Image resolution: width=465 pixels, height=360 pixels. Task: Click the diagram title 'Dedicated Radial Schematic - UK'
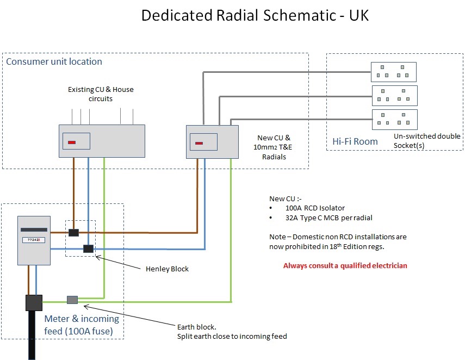click(x=255, y=16)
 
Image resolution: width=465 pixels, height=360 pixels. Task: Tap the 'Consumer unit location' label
click(x=54, y=61)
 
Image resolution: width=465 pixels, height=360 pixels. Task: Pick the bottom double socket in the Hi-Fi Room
click(x=394, y=119)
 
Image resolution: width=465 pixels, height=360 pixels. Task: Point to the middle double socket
click(x=394, y=96)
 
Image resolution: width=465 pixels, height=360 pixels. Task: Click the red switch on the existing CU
click(x=72, y=143)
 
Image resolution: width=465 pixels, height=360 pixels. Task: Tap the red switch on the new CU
click(x=199, y=144)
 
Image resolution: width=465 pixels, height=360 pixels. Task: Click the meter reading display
click(x=34, y=239)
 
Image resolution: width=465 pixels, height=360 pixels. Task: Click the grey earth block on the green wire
click(x=72, y=300)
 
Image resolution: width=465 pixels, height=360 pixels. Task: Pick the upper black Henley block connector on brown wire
click(x=74, y=233)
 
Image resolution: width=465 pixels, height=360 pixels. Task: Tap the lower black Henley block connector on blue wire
click(x=88, y=249)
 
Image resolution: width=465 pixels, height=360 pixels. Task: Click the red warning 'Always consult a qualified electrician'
click(x=345, y=266)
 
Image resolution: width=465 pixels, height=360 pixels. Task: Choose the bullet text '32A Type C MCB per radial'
click(x=328, y=218)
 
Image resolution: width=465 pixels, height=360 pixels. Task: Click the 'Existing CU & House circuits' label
click(x=100, y=94)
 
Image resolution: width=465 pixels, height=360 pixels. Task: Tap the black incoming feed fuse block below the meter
click(x=34, y=302)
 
